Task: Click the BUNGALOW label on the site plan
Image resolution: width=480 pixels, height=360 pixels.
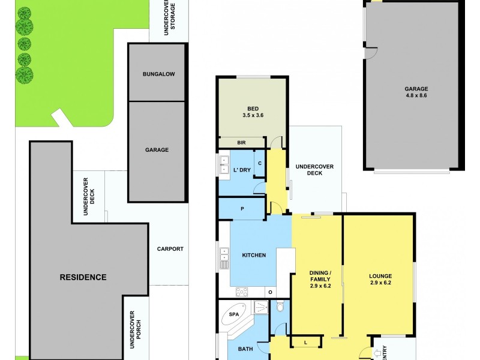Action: pyautogui.click(x=158, y=74)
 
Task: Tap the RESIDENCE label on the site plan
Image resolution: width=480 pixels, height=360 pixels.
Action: pyautogui.click(x=83, y=277)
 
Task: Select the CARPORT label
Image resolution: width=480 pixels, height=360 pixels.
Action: pyautogui.click(x=170, y=249)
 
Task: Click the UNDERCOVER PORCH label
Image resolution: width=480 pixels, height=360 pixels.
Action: pyautogui.click(x=134, y=327)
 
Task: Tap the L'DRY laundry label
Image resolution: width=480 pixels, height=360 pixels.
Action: pyautogui.click(x=241, y=171)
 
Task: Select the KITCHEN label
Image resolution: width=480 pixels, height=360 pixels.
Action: pyautogui.click(x=253, y=256)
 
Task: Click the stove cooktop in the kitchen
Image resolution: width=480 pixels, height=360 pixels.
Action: pyautogui.click(x=242, y=292)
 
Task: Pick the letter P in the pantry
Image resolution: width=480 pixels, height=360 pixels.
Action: pyautogui.click(x=242, y=209)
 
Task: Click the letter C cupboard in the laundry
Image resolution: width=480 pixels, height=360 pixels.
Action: pyautogui.click(x=260, y=163)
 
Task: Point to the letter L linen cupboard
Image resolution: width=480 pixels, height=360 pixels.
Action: pyautogui.click(x=307, y=342)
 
